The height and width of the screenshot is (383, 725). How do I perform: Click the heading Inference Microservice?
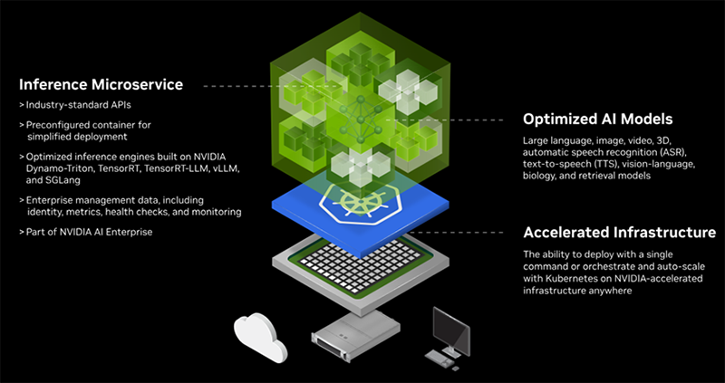101,85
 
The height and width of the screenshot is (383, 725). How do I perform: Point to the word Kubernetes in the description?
577,280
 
